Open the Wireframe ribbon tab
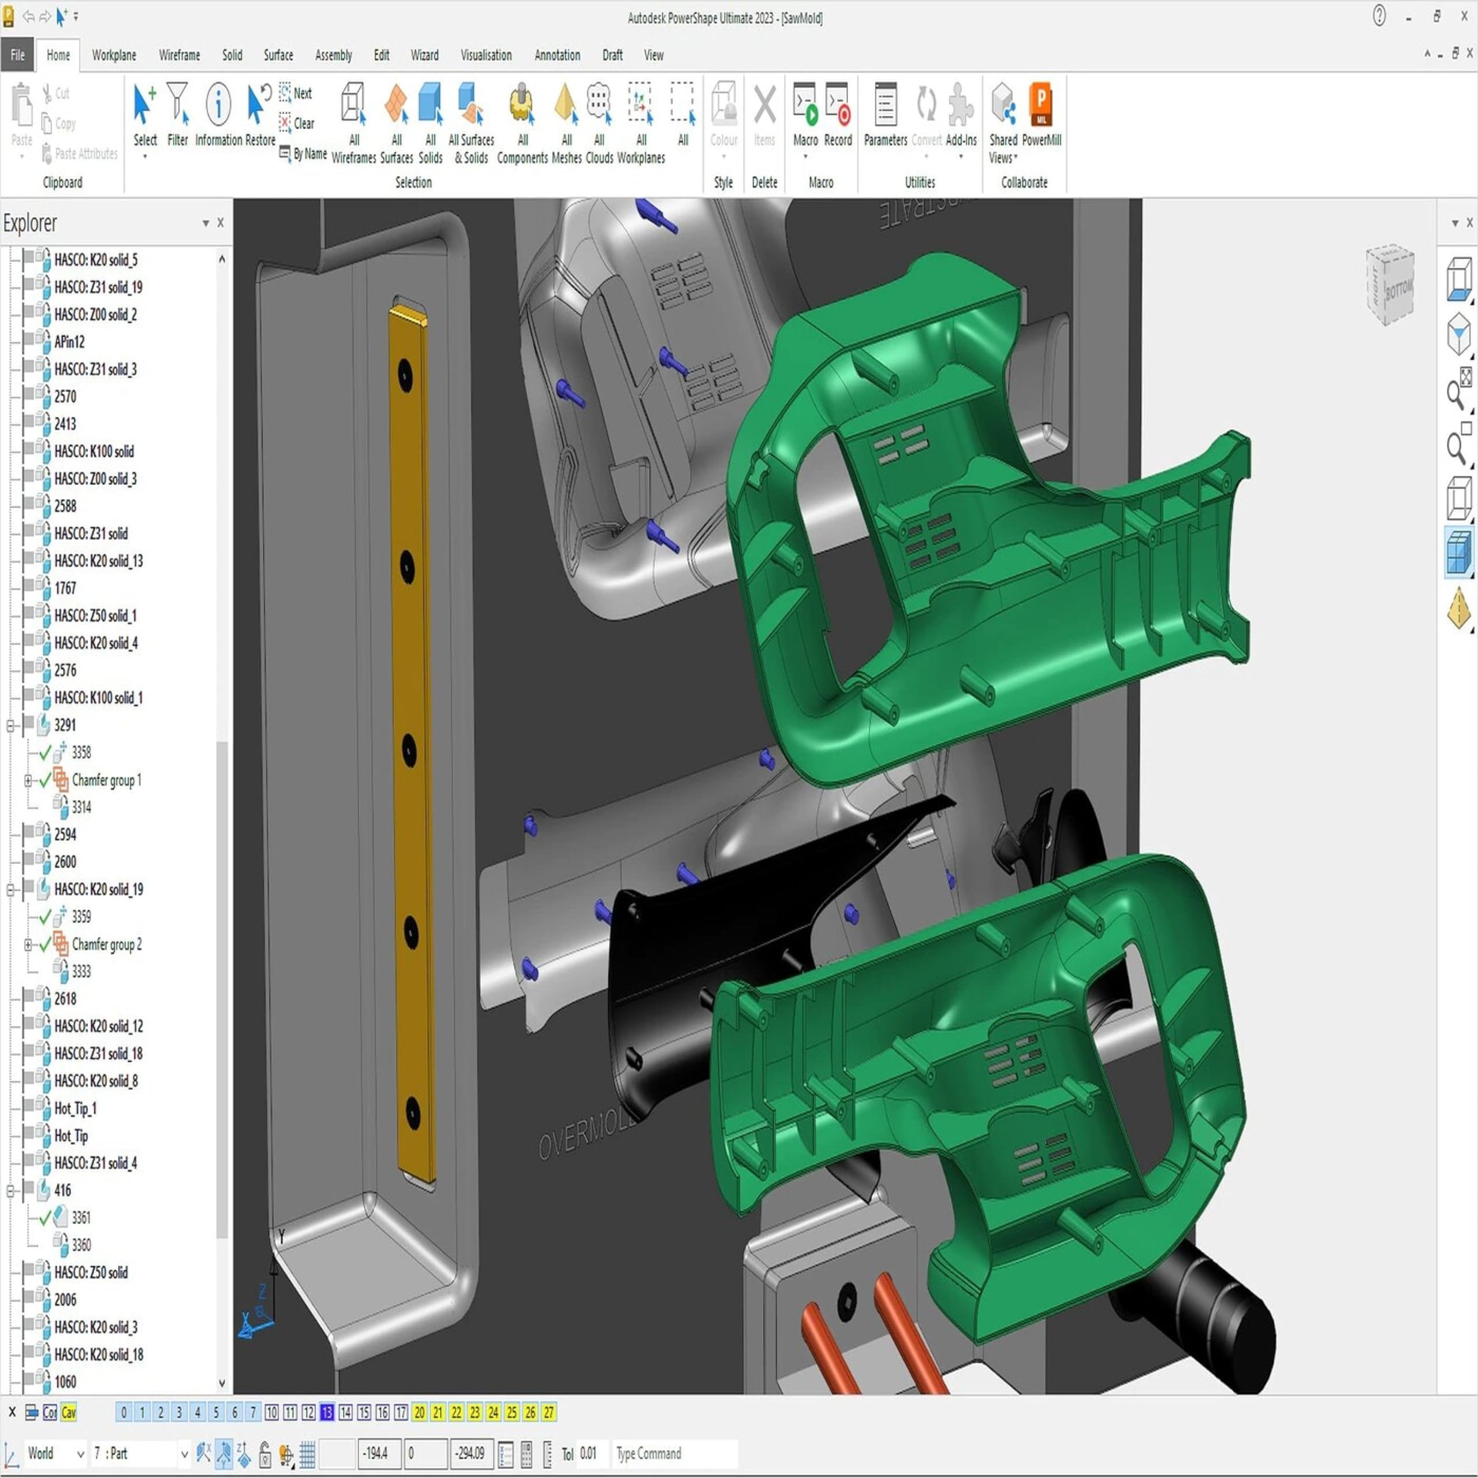pyautogui.click(x=179, y=55)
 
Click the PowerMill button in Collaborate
pyautogui.click(x=1040, y=115)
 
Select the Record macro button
pyautogui.click(x=838, y=115)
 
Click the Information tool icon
pyautogui.click(x=218, y=105)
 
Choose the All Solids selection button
pyautogui.click(x=431, y=115)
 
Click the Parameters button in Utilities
pyautogui.click(x=885, y=115)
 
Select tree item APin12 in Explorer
pyautogui.click(x=70, y=342)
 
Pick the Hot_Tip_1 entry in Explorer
pyautogui.click(x=76, y=1108)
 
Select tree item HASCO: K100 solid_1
pyautogui.click(x=98, y=697)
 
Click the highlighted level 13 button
pyautogui.click(x=327, y=1412)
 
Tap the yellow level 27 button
pyautogui.click(x=548, y=1412)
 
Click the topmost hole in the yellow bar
pyautogui.click(x=405, y=374)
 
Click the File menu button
pyautogui.click(x=17, y=55)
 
